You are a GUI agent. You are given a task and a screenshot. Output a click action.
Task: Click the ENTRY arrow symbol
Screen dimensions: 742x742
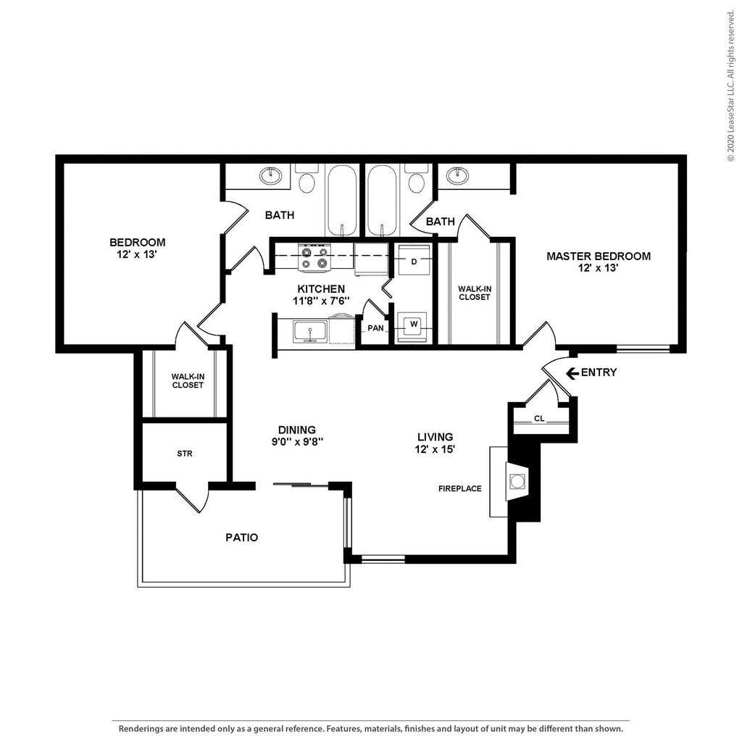572,373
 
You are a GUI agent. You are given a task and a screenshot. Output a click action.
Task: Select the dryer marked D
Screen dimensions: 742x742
414,259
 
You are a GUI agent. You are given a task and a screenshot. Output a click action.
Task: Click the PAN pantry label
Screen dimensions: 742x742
376,328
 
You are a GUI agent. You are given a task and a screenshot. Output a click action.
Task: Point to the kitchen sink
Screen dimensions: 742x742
310,330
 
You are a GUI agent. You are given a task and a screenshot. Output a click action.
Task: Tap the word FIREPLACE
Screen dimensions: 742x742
460,489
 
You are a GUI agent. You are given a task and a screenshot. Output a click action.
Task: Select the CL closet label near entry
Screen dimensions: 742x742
539,419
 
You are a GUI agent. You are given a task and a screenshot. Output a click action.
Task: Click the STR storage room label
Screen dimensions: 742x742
185,454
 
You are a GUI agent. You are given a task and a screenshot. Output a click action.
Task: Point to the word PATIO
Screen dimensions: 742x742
241,538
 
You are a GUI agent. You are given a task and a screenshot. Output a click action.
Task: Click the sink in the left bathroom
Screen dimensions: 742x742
270,175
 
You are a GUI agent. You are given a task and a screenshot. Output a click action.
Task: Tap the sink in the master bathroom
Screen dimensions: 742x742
458,175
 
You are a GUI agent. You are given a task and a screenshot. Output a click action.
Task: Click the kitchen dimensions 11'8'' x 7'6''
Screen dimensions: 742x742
321,301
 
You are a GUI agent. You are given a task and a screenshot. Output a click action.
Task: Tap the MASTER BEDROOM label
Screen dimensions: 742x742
599,257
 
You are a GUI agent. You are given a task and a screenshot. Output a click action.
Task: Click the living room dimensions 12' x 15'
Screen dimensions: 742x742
435,449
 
